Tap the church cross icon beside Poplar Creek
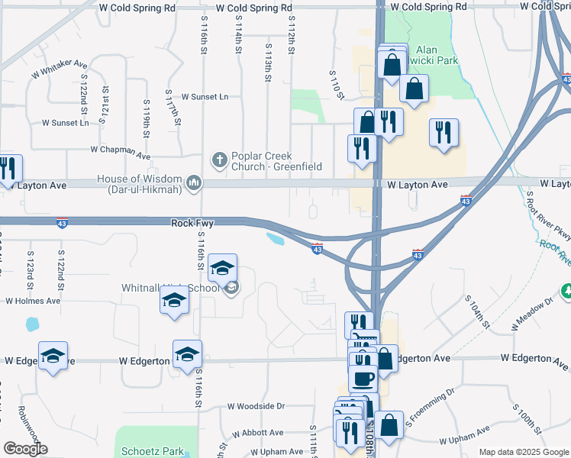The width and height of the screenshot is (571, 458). (x=219, y=160)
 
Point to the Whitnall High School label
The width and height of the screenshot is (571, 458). (x=170, y=289)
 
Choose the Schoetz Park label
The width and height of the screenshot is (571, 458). (x=150, y=451)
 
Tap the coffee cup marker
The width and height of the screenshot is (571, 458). (x=363, y=377)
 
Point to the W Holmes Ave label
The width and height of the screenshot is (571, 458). (x=33, y=301)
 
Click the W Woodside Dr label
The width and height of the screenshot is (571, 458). (x=256, y=406)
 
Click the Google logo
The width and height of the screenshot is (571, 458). (x=25, y=449)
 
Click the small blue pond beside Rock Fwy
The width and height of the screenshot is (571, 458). (x=276, y=240)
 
